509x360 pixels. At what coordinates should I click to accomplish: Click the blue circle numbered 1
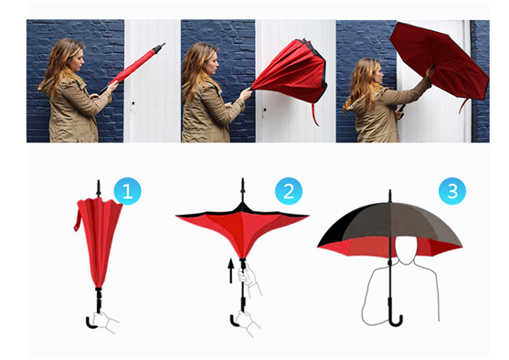(x=128, y=191)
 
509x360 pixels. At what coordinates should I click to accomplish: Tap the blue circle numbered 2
(x=289, y=191)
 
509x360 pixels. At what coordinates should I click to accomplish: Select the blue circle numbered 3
(x=452, y=191)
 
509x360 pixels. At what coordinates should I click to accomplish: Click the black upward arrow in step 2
(x=231, y=270)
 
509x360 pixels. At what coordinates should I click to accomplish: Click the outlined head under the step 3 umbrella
(x=406, y=250)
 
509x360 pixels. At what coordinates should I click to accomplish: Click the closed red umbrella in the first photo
(x=134, y=68)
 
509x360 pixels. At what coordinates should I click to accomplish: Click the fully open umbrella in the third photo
(x=440, y=62)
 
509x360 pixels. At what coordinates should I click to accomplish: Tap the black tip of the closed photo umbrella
(x=159, y=48)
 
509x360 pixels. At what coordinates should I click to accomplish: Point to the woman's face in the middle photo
(x=212, y=64)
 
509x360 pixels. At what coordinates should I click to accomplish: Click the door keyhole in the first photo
(x=133, y=103)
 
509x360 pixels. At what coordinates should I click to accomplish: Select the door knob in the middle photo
(x=264, y=110)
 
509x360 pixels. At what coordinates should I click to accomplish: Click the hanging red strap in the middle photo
(x=315, y=114)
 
